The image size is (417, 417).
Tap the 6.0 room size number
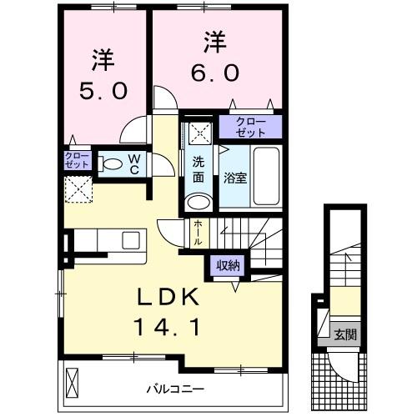215,73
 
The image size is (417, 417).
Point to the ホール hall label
197,231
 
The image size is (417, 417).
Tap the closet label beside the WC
77,161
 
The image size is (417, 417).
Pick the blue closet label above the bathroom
250,128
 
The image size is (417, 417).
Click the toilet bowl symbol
108,163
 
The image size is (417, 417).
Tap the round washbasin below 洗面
198,203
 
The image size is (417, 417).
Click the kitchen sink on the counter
132,241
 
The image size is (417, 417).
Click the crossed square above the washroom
198,132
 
